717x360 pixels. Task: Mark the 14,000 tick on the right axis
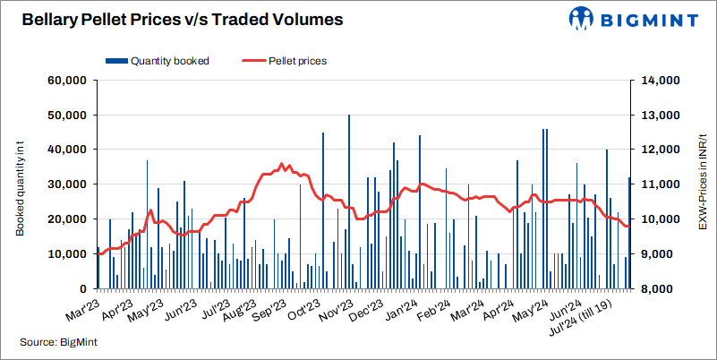coord(659,81)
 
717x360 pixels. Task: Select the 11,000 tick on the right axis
coord(659,184)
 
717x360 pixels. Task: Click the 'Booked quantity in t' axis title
coord(20,185)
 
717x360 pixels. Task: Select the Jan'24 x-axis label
coord(405,310)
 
